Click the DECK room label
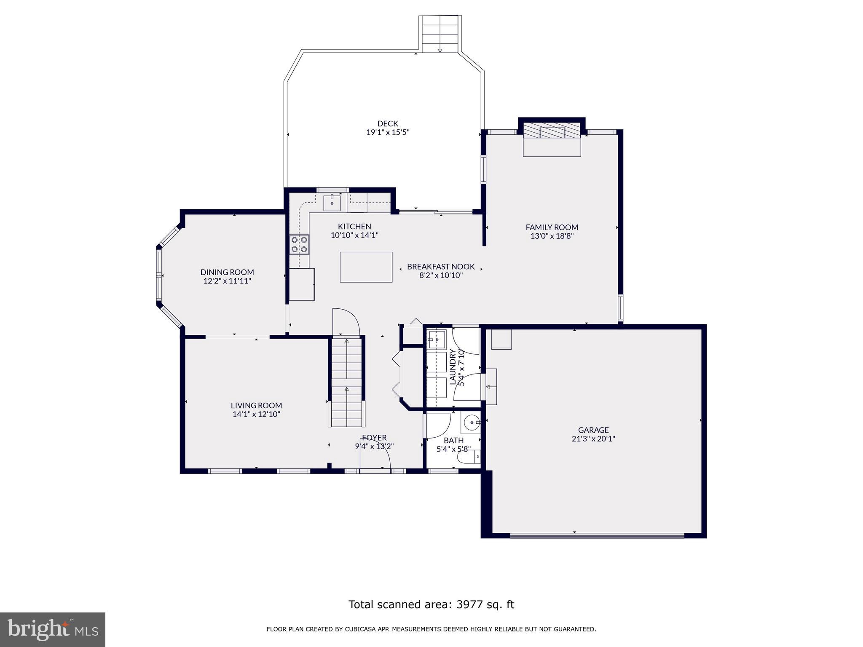point(387,123)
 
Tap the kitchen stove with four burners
point(299,244)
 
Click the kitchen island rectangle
point(366,267)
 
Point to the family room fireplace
point(552,131)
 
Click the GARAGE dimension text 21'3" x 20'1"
point(593,439)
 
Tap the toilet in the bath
point(469,457)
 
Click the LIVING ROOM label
point(256,405)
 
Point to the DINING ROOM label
point(227,272)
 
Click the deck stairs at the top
point(440,34)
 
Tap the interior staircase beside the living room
point(346,381)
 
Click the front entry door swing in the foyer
point(375,455)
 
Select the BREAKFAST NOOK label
point(441,267)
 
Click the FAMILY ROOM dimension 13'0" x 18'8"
point(552,236)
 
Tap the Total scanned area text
point(431,604)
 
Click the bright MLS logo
point(52,629)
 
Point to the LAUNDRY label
point(453,366)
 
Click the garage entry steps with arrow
point(491,386)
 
